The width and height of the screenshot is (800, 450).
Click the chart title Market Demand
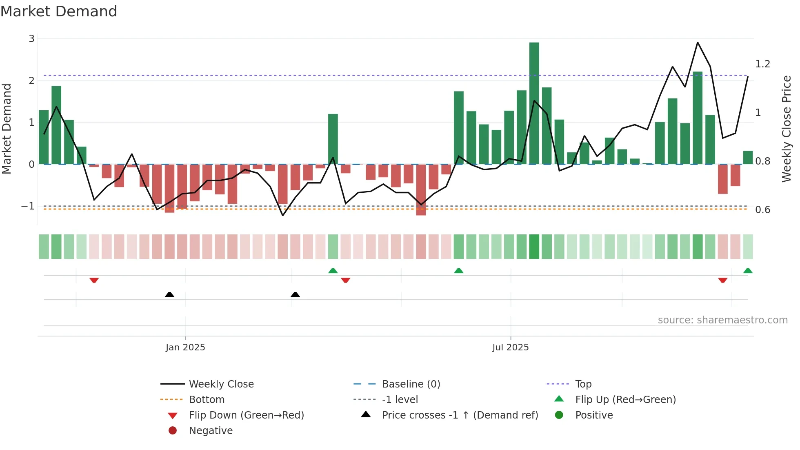click(x=59, y=11)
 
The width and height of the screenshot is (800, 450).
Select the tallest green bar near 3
click(x=534, y=102)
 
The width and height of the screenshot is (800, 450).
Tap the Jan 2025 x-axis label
click(x=185, y=348)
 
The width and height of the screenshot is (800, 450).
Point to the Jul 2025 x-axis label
click(x=510, y=348)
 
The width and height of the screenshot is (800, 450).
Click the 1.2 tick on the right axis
click(x=762, y=64)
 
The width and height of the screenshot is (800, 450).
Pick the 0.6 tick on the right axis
click(x=762, y=210)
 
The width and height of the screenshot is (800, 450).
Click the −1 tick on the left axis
click(x=28, y=206)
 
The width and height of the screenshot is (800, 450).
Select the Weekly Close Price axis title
click(x=786, y=129)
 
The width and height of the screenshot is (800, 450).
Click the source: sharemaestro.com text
click(x=722, y=320)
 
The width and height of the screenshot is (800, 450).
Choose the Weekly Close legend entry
click(x=221, y=384)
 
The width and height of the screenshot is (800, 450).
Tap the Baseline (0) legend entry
click(x=411, y=384)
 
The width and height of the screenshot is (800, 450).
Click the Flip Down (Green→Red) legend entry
click(x=246, y=415)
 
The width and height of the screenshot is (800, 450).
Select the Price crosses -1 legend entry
click(x=460, y=415)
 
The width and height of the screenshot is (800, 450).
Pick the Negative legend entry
click(x=211, y=431)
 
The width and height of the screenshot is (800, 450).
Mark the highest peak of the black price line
click(x=698, y=43)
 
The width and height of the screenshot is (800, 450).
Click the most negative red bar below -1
click(x=421, y=190)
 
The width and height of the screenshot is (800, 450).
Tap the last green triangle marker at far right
click(x=748, y=271)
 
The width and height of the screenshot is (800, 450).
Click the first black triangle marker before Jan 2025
click(x=169, y=294)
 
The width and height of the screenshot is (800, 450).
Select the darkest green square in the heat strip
click(x=534, y=247)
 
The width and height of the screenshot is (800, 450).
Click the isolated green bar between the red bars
click(x=333, y=139)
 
